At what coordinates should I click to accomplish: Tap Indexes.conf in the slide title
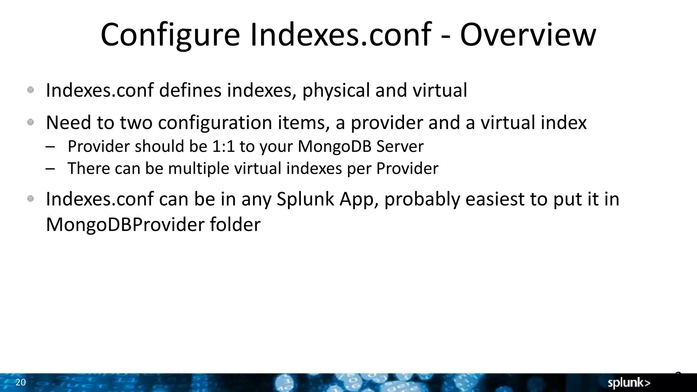[x=341, y=35]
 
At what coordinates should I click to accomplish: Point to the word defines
[x=190, y=91]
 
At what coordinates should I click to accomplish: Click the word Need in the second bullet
[x=68, y=122]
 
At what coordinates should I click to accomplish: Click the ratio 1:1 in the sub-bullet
[x=223, y=147]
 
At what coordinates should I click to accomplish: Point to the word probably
[x=422, y=200]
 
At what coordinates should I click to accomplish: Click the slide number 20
[x=20, y=382]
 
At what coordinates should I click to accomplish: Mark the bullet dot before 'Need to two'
[x=31, y=122]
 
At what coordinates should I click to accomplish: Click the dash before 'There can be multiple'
[x=50, y=169]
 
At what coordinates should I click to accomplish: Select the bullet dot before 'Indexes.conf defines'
[x=31, y=90]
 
